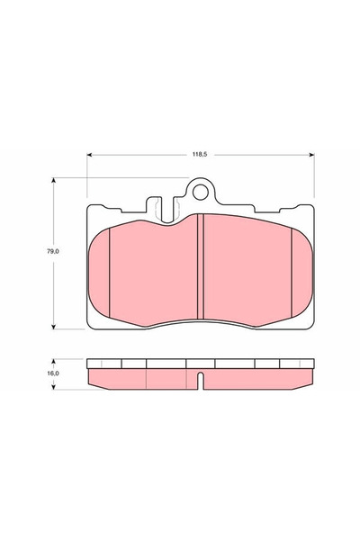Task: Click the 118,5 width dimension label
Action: point(200,155)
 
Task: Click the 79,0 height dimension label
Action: point(53,251)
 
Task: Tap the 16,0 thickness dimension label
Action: point(53,373)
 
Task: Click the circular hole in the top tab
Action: point(200,192)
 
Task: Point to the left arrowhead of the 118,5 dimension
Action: point(89,155)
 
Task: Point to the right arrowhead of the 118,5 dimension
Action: point(311,155)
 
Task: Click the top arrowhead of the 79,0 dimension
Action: point(53,181)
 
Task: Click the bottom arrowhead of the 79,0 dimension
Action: point(53,327)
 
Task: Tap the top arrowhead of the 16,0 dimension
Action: point(53,362)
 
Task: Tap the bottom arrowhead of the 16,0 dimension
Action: point(53,387)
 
